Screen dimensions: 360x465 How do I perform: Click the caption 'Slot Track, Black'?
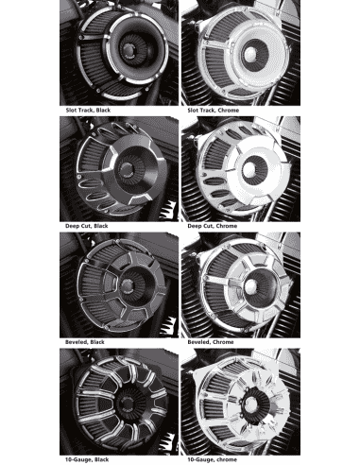click(88, 111)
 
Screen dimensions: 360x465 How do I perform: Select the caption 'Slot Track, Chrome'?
click(214, 111)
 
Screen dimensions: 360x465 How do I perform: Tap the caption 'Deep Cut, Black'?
click(87, 226)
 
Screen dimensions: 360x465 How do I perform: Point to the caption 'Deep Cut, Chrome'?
click(213, 226)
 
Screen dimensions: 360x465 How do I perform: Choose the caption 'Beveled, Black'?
click(85, 342)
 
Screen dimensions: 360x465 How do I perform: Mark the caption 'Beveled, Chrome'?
click(211, 342)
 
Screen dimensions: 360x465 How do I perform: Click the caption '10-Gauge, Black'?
click(87, 459)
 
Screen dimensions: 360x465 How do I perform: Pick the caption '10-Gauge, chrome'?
click(212, 459)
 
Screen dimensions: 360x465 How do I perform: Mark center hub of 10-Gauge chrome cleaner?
click(251, 404)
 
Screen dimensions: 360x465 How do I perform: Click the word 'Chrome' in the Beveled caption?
click(223, 342)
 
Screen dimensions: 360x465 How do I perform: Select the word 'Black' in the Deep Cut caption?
click(101, 226)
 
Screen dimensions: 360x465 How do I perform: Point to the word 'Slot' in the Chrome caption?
click(193, 111)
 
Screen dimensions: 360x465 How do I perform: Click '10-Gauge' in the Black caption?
click(78, 459)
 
